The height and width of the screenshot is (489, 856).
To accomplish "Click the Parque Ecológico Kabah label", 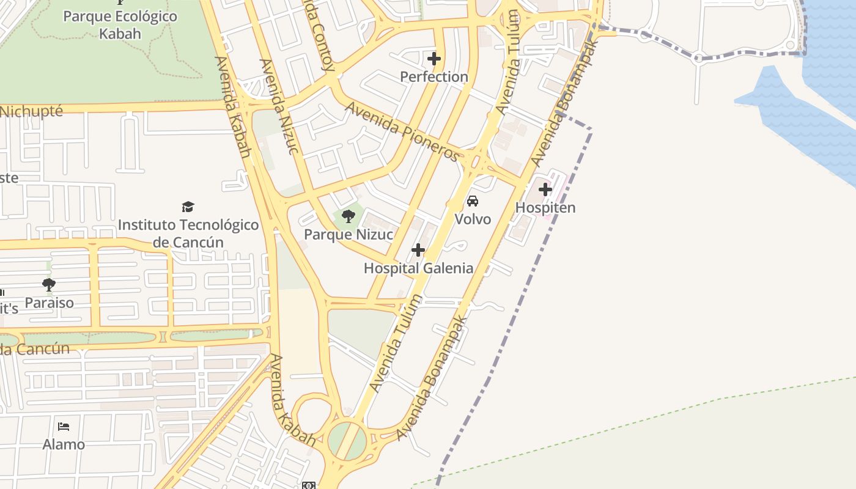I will pyautogui.click(x=120, y=24).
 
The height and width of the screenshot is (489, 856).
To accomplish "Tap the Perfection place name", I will pyautogui.click(x=434, y=76).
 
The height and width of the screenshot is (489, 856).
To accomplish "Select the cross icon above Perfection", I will pyautogui.click(x=434, y=59).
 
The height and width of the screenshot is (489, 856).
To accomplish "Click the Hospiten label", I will pyautogui.click(x=545, y=207).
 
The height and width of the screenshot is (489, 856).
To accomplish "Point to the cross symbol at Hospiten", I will pyautogui.click(x=545, y=189).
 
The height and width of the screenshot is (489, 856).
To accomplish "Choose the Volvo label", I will pyautogui.click(x=473, y=219).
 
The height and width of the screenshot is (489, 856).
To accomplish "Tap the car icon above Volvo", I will pyautogui.click(x=473, y=201).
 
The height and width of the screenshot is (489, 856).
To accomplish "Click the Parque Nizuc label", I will pyautogui.click(x=349, y=234).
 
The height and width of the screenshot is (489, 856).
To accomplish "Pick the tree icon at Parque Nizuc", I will pyautogui.click(x=349, y=216).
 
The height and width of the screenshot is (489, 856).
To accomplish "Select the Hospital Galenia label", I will pyautogui.click(x=418, y=268).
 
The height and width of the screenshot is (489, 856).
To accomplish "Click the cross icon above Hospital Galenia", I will pyautogui.click(x=418, y=250).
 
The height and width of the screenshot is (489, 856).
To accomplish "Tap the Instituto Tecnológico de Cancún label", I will pyautogui.click(x=188, y=233).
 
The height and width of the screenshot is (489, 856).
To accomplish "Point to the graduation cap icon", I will pyautogui.click(x=188, y=207).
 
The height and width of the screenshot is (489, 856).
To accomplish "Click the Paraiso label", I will pyautogui.click(x=49, y=303).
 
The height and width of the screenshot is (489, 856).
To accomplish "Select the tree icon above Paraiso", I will pyautogui.click(x=49, y=284).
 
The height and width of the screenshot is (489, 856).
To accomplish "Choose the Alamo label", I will pyautogui.click(x=64, y=444).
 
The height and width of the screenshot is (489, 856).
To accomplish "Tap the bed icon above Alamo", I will pyautogui.click(x=64, y=426).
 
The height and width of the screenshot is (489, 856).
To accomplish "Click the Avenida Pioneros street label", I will pyautogui.click(x=402, y=132).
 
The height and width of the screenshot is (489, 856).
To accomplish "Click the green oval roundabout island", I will pyautogui.click(x=347, y=440).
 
